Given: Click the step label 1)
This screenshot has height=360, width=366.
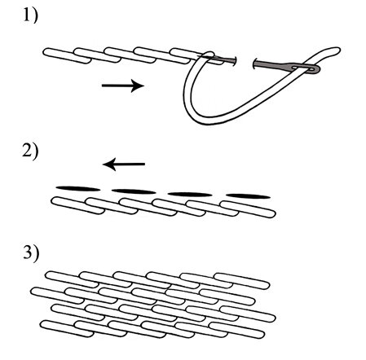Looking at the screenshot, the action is click(30, 15).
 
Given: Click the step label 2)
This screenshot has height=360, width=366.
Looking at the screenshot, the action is click(30, 151).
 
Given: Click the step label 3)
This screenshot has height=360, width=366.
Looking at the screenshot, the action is click(31, 253).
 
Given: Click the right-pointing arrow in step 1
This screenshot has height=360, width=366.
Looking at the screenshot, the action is click(123, 86).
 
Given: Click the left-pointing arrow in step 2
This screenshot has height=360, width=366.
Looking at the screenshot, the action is click(124, 164).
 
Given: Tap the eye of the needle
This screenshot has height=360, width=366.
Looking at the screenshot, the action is click(311, 69).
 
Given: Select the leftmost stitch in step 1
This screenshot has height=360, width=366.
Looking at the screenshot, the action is click(67, 56).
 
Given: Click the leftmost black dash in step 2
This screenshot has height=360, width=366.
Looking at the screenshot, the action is click(78, 189).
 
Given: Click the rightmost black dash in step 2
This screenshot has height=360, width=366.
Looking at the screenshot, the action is click(248, 196).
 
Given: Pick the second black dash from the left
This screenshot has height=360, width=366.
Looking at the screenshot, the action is click(134, 191).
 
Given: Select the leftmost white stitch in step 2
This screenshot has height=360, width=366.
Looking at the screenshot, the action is click(77, 205).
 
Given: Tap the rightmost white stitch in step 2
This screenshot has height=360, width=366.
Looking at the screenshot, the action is click(248, 209).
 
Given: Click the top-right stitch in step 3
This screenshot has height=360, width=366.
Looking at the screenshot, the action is click(242, 281).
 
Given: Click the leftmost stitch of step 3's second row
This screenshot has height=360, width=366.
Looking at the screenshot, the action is click(57, 296).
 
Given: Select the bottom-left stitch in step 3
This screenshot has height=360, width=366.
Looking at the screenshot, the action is click(67, 329).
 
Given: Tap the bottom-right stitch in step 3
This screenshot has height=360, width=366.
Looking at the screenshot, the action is click(237, 331).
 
